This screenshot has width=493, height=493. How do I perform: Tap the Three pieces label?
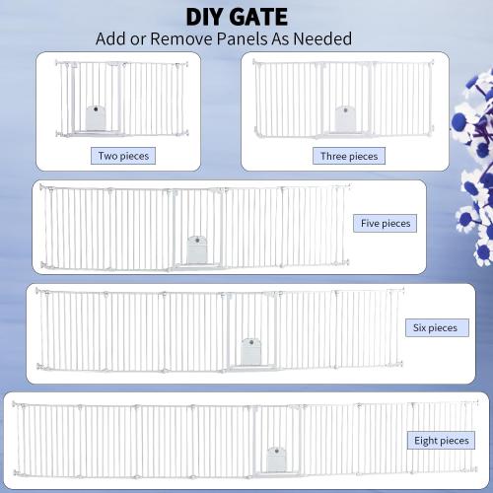point(348,156)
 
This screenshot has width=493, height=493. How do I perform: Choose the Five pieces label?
point(385,224)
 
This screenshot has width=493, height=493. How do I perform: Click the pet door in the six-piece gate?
point(251,349)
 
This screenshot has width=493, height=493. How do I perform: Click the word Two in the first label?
point(108,155)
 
